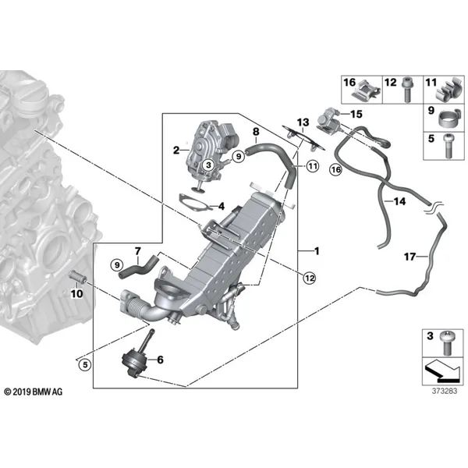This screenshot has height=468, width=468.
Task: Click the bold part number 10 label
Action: tap(76, 294)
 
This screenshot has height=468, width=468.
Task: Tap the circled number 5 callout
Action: tap(85, 364)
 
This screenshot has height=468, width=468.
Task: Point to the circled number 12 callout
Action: tap(309, 278)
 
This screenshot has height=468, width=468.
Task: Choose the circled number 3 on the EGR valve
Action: tap(208, 165)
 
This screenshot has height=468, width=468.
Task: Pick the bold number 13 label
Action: tap(303, 122)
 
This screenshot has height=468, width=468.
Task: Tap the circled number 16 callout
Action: tap(336, 170)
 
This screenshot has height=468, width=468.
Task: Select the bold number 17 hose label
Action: tap(409, 257)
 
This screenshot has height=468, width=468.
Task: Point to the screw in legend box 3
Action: tap(447, 343)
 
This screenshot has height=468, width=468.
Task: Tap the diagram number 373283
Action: tap(445, 391)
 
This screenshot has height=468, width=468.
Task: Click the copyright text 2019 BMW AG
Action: tap(34, 392)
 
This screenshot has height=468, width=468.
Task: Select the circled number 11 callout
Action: tap(313, 166)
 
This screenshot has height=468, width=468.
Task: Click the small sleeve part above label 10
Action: tap(78, 278)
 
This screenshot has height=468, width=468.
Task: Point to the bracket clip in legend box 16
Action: tap(367, 90)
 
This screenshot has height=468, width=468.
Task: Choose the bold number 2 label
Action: tap(176, 150)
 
